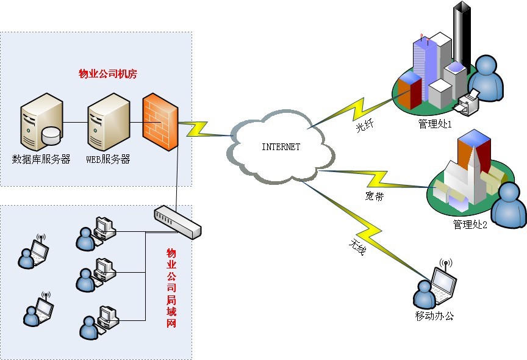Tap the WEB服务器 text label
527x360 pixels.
point(108,160)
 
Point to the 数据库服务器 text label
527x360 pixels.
point(41,160)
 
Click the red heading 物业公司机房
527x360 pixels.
point(108,74)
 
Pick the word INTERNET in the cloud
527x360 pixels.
point(281,147)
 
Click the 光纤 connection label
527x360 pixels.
point(364,127)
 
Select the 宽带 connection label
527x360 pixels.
point(375,197)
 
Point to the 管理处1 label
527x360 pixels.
point(435,124)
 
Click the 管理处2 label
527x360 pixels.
point(470,225)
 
